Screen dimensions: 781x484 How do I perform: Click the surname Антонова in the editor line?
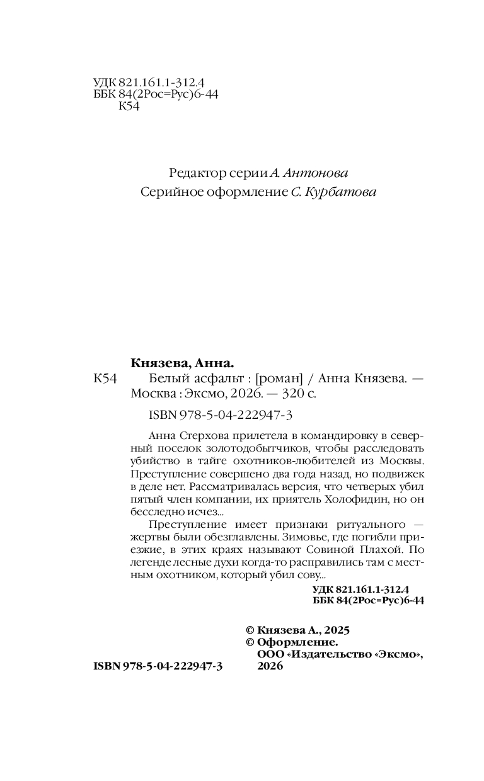pyautogui.click(x=318, y=173)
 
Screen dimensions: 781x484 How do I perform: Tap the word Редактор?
pyautogui.click(x=195, y=173)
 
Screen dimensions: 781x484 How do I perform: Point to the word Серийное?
pyautogui.click(x=166, y=192)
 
